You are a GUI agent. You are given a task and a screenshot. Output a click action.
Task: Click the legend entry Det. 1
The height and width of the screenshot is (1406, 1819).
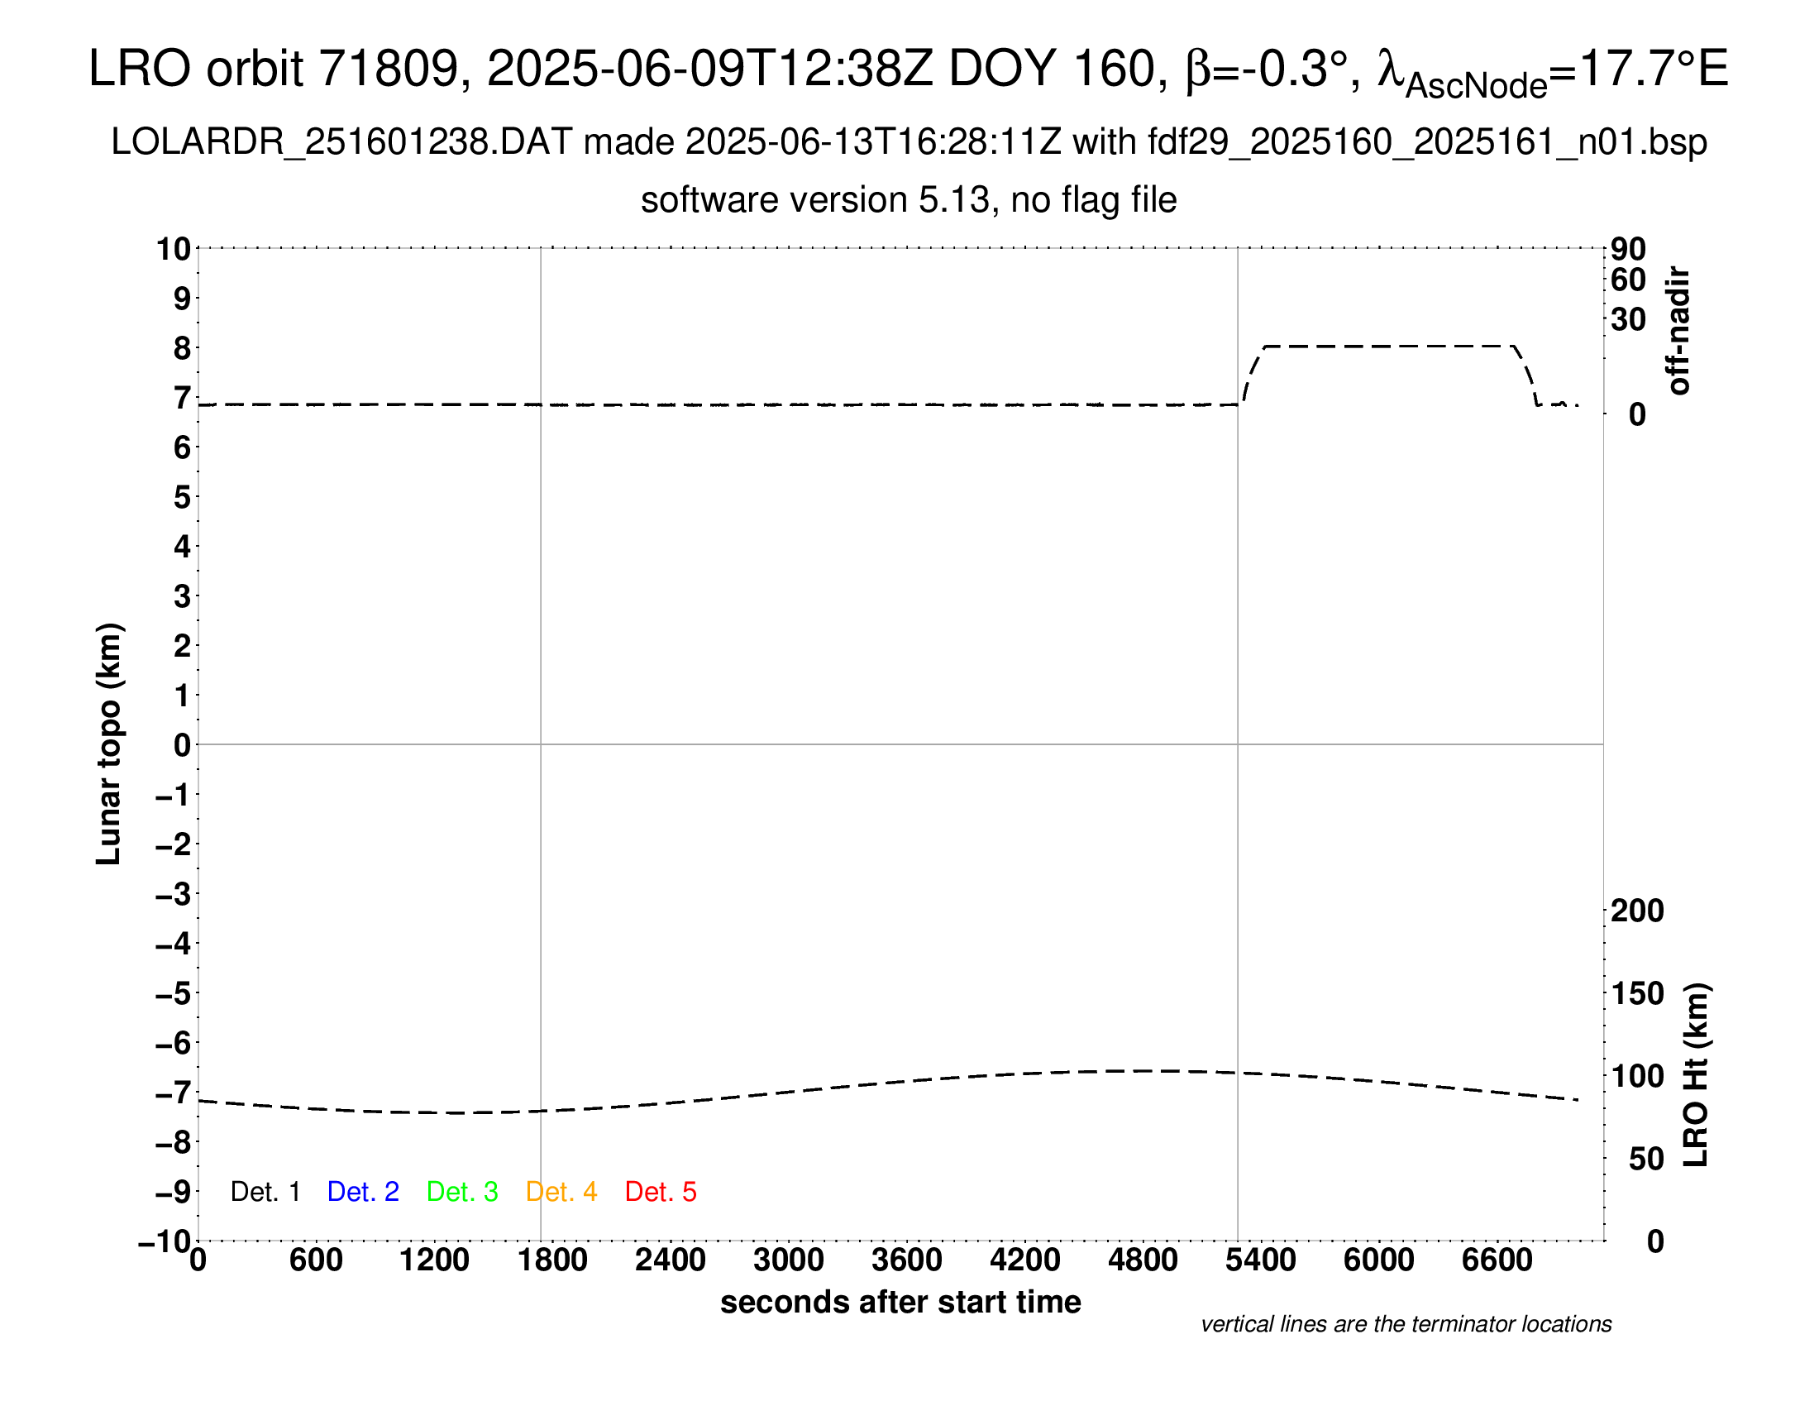(x=265, y=1192)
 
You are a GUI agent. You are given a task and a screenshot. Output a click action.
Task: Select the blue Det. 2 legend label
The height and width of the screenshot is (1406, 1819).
(x=363, y=1192)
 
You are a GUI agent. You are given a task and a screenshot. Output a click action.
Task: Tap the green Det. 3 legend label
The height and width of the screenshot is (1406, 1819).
(x=462, y=1192)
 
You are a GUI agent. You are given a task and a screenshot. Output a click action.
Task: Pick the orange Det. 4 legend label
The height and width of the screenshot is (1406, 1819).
(x=561, y=1192)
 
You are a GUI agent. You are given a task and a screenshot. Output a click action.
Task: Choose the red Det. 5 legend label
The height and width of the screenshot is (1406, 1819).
(x=661, y=1192)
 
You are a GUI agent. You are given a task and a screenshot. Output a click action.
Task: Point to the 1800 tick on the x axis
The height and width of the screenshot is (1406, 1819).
(x=552, y=1260)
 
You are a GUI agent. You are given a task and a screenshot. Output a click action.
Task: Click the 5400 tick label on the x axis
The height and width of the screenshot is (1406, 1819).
(x=1260, y=1260)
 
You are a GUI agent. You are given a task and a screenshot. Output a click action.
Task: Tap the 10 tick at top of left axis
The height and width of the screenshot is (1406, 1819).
(x=174, y=249)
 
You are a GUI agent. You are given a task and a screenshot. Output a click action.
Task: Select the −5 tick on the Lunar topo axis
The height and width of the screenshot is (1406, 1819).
(x=174, y=993)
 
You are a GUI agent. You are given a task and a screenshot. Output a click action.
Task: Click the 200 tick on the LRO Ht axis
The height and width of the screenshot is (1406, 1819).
(x=1636, y=911)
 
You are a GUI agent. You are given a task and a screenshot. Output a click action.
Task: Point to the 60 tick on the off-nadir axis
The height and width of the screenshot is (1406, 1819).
(x=1628, y=280)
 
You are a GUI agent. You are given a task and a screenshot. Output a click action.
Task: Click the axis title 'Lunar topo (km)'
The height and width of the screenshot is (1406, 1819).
(x=109, y=744)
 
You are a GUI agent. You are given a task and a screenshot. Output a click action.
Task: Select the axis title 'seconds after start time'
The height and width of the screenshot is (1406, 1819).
(x=900, y=1303)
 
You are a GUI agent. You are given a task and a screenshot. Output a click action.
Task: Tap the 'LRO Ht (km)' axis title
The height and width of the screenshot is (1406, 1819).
(x=1696, y=1075)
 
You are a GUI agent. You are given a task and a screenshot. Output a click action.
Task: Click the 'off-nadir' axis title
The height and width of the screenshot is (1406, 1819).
(x=1679, y=331)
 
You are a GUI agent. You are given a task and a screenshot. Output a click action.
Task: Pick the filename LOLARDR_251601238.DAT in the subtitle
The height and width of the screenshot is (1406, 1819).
(x=341, y=142)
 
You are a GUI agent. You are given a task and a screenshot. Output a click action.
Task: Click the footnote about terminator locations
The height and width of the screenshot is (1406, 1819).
(x=1406, y=1324)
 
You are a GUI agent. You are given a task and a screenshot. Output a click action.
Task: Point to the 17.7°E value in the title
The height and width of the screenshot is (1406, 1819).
(x=1654, y=69)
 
